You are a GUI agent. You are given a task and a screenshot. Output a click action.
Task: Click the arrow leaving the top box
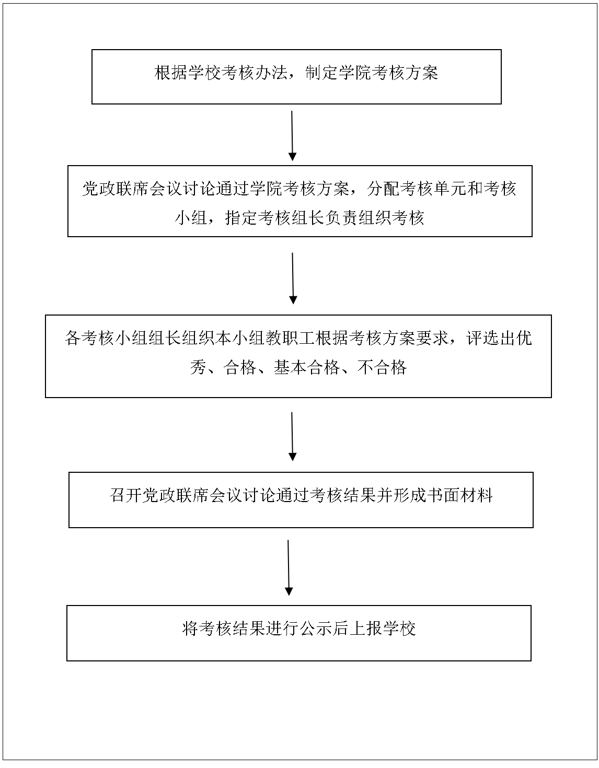(292, 136)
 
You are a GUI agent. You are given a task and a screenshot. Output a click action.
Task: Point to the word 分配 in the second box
(383, 189)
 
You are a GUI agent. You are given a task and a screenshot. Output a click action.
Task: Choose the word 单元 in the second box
(450, 189)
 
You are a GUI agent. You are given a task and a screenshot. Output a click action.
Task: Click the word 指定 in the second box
(241, 218)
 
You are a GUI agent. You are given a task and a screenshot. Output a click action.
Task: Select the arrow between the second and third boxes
(293, 278)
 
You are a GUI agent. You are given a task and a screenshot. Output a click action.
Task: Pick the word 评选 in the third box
(482, 338)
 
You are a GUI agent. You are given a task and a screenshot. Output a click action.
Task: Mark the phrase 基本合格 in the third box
(307, 368)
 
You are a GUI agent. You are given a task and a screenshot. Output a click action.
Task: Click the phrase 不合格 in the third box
(382, 368)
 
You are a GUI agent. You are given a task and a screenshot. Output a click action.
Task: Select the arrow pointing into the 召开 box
(292, 436)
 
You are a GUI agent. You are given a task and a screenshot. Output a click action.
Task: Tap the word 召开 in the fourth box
(126, 495)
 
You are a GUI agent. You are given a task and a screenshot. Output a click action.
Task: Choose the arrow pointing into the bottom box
(289, 568)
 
